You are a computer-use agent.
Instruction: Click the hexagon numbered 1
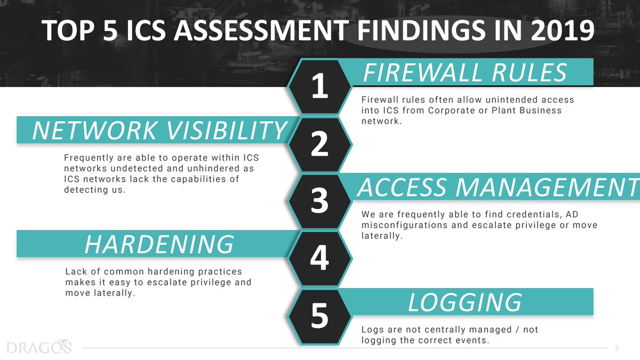pos(319,86)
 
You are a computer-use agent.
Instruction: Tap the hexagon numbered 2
pos(319,144)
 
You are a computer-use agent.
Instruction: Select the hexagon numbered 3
pos(319,202)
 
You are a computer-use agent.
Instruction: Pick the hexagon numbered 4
pos(319,259)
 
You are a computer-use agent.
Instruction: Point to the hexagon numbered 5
pos(319,315)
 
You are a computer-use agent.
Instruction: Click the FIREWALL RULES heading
pos(464,72)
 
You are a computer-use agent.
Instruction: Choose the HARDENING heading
pos(159,244)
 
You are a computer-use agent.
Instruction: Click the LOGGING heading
pos(464,302)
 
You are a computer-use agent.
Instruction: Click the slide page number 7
pos(617,348)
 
